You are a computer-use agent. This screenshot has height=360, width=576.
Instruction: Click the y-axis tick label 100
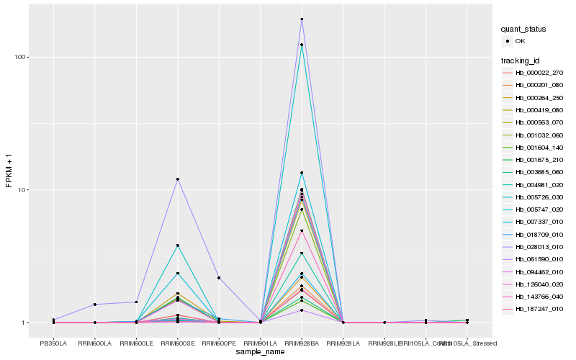[21, 57]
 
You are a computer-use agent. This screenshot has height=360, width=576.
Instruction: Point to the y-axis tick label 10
[23, 190]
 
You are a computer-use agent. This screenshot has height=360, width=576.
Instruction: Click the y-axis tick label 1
[25, 323]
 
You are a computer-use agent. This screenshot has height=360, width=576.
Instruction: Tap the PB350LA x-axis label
[53, 343]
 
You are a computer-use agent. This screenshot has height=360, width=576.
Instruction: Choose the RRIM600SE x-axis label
[177, 343]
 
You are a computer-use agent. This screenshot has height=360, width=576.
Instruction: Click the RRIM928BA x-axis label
[302, 343]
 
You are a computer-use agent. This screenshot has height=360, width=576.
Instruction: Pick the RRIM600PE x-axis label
[219, 343]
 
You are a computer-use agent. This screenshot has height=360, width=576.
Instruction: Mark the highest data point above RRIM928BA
[302, 19]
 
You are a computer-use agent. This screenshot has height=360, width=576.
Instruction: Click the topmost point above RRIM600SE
[177, 179]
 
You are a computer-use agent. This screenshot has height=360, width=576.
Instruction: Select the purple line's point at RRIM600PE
[219, 278]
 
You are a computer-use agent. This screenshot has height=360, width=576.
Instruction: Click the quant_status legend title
[524, 29]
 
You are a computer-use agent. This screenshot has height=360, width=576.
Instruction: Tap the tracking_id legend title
[521, 60]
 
